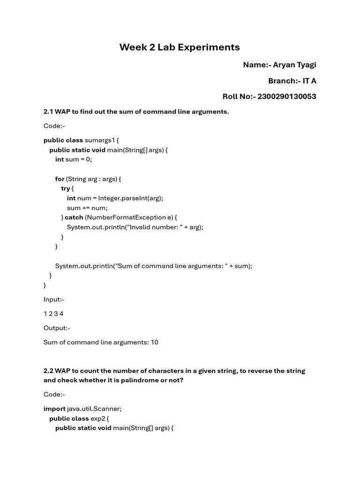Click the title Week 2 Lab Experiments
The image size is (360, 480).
(x=180, y=47)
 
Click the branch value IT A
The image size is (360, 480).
(x=309, y=81)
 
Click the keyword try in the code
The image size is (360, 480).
(x=65, y=188)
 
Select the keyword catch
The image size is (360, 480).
(x=74, y=217)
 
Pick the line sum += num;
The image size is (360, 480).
(x=87, y=208)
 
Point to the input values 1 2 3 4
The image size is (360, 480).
(x=53, y=314)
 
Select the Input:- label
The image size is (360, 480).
(x=54, y=299)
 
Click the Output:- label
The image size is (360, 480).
(x=57, y=328)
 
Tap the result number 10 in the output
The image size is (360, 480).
(x=154, y=342)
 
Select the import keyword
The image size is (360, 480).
(x=54, y=409)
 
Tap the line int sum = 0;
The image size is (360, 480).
(x=74, y=159)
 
